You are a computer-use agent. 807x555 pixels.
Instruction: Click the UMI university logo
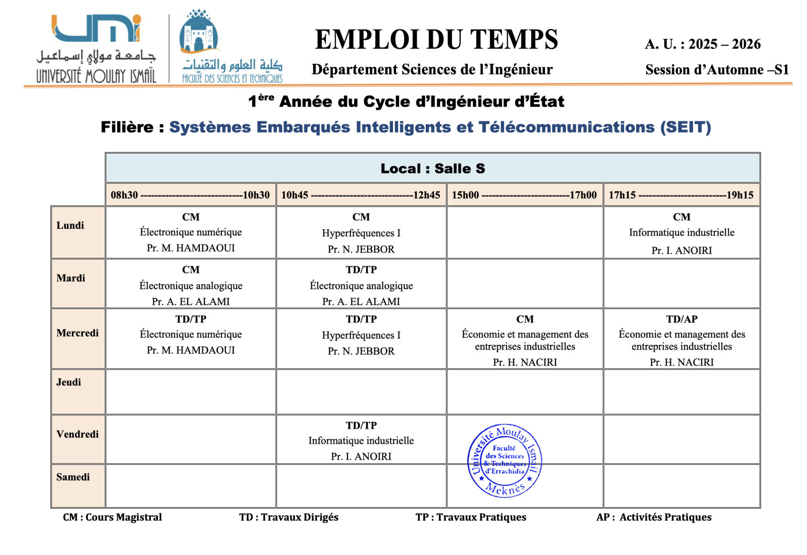pyautogui.click(x=96, y=49)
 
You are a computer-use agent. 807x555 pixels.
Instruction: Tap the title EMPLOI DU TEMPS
pyautogui.click(x=436, y=40)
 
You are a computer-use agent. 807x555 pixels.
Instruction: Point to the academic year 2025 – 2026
pyautogui.click(x=724, y=44)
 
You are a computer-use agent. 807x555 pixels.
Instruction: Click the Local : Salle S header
pyautogui.click(x=433, y=169)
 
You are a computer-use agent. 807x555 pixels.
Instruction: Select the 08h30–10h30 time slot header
pyautogui.click(x=190, y=195)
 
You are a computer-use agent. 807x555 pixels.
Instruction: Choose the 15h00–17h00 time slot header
pyautogui.click(x=524, y=195)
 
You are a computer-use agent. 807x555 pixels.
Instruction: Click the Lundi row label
pyautogui.click(x=70, y=226)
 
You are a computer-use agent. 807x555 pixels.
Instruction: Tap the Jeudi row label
pyautogui.click(x=69, y=382)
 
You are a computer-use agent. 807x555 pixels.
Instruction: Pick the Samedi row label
pyautogui.click(x=73, y=477)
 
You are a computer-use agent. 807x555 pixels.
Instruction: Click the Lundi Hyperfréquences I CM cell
pyautogui.click(x=361, y=233)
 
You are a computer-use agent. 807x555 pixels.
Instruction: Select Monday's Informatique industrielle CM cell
pyautogui.click(x=682, y=233)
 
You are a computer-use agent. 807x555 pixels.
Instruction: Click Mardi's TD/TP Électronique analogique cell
pyautogui.click(x=361, y=285)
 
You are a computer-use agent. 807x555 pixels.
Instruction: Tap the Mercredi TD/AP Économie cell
pyautogui.click(x=682, y=340)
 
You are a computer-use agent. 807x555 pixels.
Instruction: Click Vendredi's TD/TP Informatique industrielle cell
pyautogui.click(x=361, y=440)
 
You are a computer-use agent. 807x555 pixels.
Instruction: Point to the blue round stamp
pyautogui.click(x=504, y=461)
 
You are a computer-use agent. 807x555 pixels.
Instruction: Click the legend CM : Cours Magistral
pyautogui.click(x=112, y=517)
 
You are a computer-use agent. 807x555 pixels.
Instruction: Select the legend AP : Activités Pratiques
pyautogui.click(x=653, y=517)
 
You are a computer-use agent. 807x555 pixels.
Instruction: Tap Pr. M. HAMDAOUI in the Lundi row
pyautogui.click(x=191, y=248)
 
